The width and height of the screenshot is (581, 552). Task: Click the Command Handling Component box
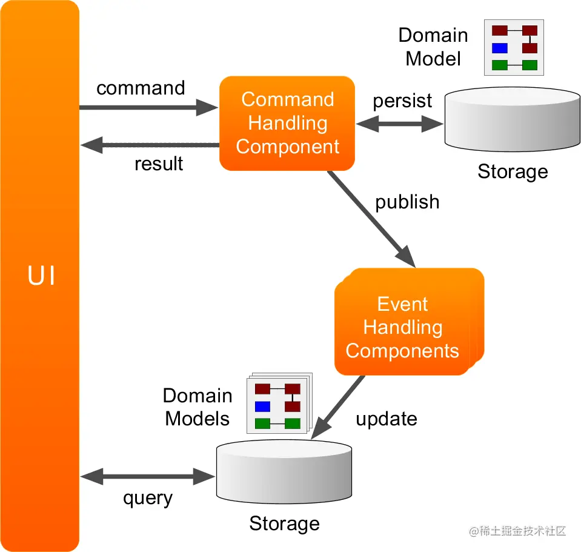pyautogui.click(x=287, y=124)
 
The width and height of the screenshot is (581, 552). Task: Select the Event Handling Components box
pyautogui.click(x=402, y=327)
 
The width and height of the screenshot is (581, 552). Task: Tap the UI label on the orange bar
pyautogui.click(x=42, y=276)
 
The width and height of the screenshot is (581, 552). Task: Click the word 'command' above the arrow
pyautogui.click(x=141, y=88)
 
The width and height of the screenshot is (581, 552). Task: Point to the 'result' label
pyautogui.click(x=159, y=164)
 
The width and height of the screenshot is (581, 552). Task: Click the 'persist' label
pyautogui.click(x=402, y=101)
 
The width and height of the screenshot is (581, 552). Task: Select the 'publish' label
pyautogui.click(x=407, y=202)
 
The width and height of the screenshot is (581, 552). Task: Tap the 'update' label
pyautogui.click(x=386, y=419)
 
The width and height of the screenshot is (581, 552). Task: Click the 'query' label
pyautogui.click(x=148, y=498)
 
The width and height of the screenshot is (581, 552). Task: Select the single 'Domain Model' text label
pyautogui.click(x=433, y=47)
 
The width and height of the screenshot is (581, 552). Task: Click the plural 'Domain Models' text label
pyautogui.click(x=198, y=407)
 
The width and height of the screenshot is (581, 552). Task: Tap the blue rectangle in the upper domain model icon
pyautogui.click(x=499, y=48)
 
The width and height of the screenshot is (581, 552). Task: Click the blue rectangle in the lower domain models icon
pyautogui.click(x=262, y=406)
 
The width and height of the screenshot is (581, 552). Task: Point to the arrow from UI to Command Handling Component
pyautogui.click(x=148, y=108)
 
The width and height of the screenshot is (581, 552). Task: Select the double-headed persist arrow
pyautogui.click(x=400, y=124)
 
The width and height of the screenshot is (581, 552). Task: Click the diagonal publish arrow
pyautogui.click(x=371, y=219)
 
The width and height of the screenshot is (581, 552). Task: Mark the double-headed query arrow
pyautogui.click(x=148, y=476)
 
